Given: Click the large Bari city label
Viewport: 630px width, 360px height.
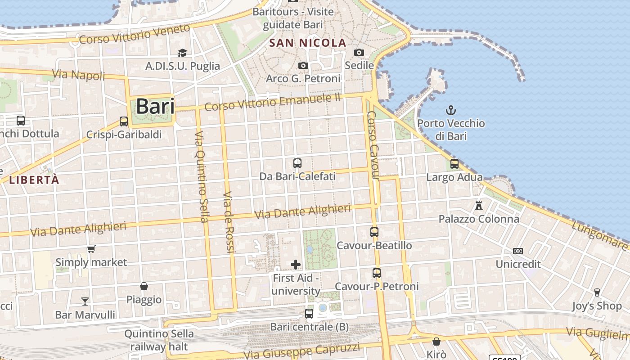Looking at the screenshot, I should [155, 106].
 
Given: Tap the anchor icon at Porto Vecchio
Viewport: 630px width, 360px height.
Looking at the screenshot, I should [450, 110].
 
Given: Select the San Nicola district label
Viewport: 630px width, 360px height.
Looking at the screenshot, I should [308, 43].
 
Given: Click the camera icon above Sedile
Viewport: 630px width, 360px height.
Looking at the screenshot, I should [359, 52].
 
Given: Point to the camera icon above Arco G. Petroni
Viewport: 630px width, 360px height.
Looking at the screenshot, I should [303, 66].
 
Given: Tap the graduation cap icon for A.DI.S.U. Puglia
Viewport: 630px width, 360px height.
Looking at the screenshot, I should [182, 53].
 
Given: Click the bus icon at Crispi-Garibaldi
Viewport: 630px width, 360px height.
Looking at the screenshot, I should [123, 121].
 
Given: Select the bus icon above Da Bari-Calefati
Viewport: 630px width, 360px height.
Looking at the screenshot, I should [297, 163].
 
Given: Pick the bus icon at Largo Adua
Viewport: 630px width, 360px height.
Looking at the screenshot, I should [454, 164].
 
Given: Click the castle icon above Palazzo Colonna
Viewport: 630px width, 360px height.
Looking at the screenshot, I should [479, 206].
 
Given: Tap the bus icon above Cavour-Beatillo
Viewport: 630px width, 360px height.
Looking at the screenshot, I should [374, 232].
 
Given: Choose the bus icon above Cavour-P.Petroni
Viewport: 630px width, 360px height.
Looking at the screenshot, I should [377, 273].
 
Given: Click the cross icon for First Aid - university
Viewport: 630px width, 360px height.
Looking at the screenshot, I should [296, 264].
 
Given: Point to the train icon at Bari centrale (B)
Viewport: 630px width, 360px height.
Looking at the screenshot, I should [309, 313].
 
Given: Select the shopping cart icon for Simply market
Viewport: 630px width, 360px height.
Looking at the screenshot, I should [91, 249].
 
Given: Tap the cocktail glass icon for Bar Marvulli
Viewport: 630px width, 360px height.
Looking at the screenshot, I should [85, 301].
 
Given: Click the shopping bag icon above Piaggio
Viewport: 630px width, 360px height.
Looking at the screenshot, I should [144, 286].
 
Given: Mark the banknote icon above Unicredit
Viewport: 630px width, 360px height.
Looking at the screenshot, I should [518, 251].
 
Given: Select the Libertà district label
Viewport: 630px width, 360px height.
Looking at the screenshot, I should [34, 180].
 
